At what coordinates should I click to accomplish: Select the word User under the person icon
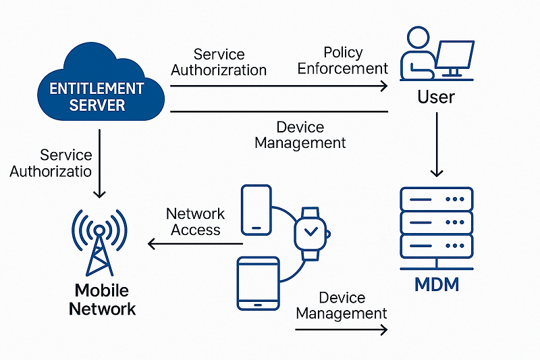pyautogui.click(x=436, y=97)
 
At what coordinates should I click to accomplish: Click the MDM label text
pyautogui.click(x=436, y=284)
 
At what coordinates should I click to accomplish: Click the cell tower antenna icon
pyautogui.click(x=100, y=240)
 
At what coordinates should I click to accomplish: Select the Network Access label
pyautogui.click(x=196, y=222)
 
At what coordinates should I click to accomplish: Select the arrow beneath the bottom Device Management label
pyautogui.click(x=341, y=330)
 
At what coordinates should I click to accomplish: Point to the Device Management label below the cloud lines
pyautogui.click(x=301, y=135)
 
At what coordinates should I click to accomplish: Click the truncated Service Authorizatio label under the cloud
pyautogui.click(x=51, y=163)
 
